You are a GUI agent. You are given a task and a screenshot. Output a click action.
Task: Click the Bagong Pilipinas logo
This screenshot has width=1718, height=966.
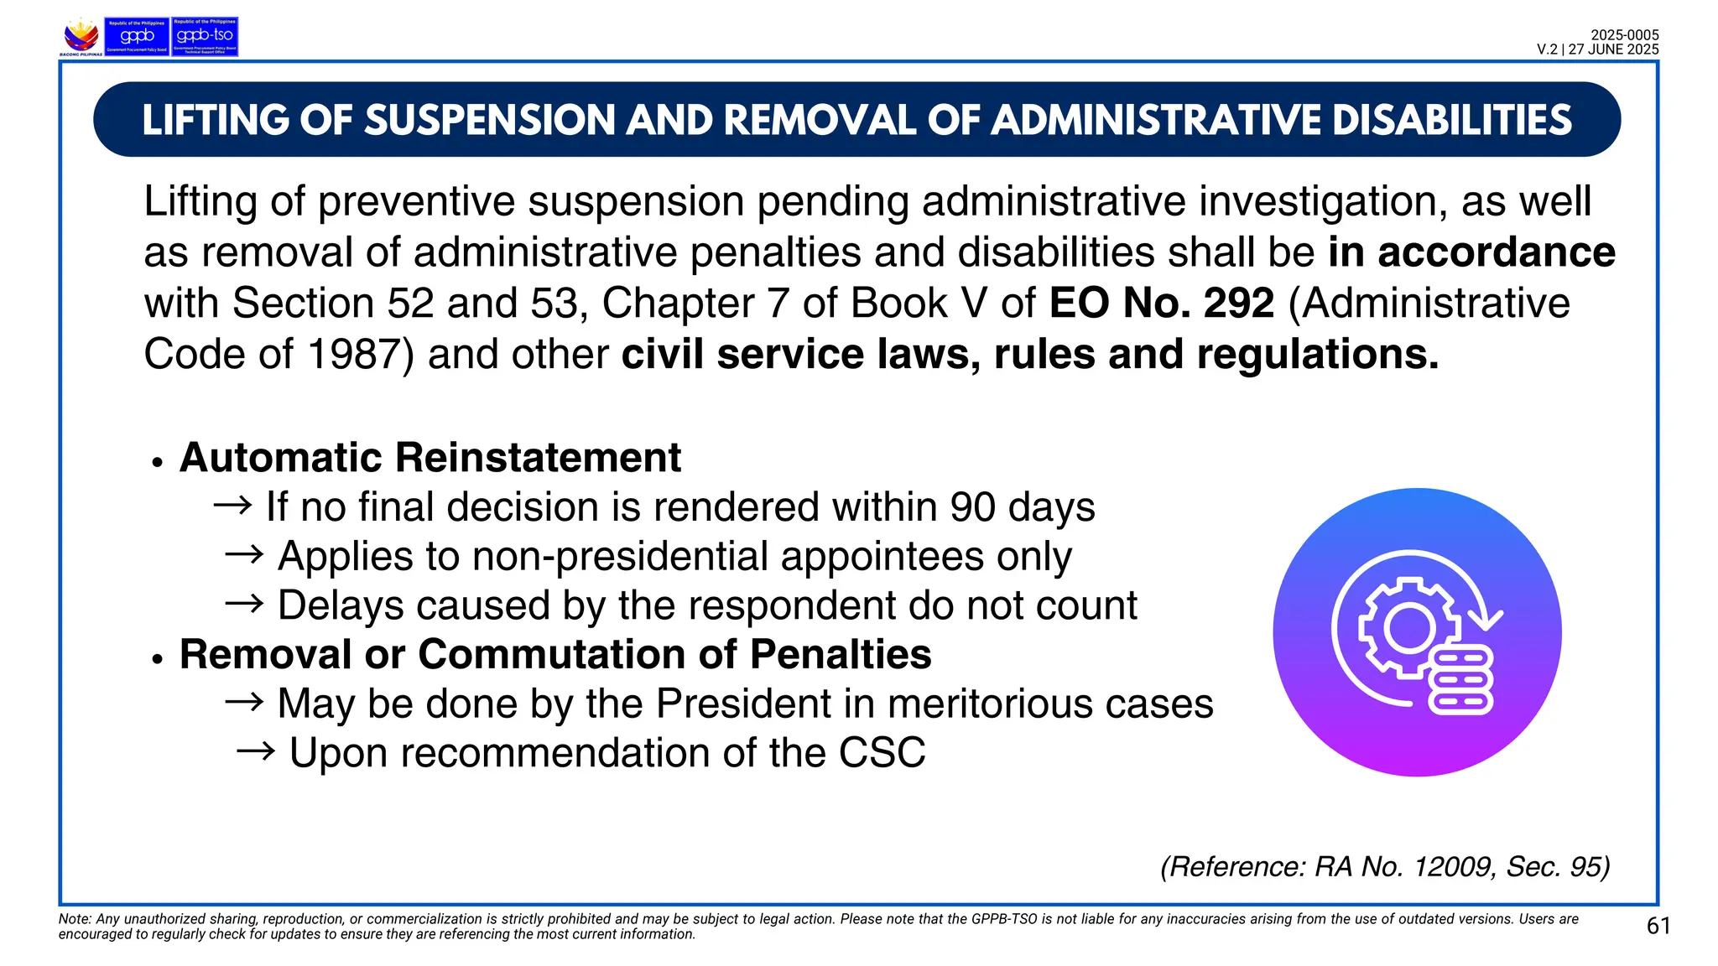coord(81,37)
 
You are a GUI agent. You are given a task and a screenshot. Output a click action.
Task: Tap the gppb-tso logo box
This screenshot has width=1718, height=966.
coord(205,37)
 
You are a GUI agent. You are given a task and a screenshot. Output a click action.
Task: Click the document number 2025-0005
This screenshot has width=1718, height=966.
coord(1624,35)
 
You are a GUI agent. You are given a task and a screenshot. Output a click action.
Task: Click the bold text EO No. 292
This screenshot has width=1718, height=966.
coord(1161,303)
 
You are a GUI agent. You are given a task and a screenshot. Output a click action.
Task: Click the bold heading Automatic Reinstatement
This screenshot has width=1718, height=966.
coord(429,458)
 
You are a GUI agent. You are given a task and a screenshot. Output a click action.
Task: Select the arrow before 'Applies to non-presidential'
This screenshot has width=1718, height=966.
coord(244,555)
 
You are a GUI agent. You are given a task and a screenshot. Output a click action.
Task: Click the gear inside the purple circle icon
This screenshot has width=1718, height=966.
coord(1408,627)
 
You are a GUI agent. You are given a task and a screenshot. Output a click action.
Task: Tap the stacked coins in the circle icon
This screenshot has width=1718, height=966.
coord(1460,680)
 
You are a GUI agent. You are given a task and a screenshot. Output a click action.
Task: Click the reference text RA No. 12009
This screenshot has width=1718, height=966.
coord(1404,866)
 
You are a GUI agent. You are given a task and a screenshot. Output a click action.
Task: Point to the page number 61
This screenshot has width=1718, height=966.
coord(1658,926)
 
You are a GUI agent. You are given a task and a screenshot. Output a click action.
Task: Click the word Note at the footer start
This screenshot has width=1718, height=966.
coord(74,919)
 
